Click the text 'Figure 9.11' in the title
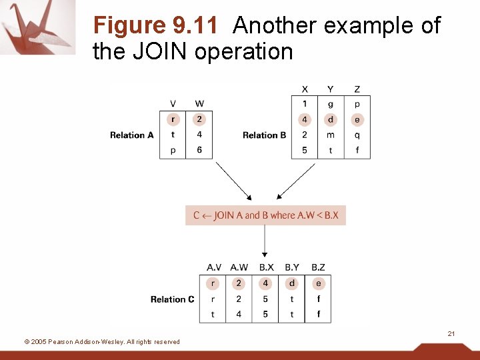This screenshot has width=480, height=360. point(155,26)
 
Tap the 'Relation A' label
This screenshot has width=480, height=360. point(132,135)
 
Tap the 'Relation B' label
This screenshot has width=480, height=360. point(265,135)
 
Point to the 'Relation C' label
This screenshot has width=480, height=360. point(173,299)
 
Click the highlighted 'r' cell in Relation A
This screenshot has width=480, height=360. point(173,119)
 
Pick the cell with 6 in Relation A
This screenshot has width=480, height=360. point(199,150)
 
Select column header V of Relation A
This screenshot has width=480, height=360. point(173,104)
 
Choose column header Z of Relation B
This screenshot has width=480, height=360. point(357,89)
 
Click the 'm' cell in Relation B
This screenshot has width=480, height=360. point(331,135)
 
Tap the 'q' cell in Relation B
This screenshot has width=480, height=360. point(357,135)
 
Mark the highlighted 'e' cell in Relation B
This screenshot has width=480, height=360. point(357,120)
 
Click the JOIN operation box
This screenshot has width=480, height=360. point(265,215)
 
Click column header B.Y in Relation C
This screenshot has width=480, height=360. point(292,267)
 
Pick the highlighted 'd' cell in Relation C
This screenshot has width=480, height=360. point(292,283)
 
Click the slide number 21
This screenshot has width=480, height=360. point(451,333)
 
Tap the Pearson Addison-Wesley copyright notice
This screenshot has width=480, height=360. point(102,342)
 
